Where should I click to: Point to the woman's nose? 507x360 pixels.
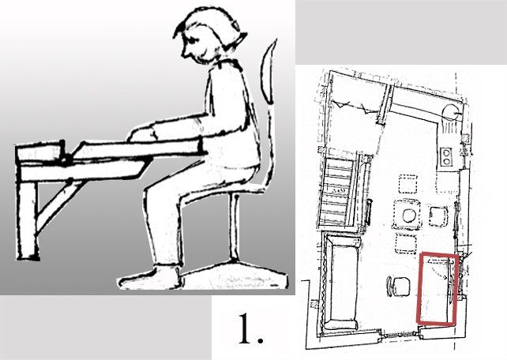tap(184, 51)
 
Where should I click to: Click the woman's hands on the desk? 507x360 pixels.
tap(142, 134)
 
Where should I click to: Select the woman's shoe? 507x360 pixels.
tap(149, 277)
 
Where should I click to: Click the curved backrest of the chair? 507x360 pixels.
tap(269, 72)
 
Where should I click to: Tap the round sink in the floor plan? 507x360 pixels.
tap(449, 114)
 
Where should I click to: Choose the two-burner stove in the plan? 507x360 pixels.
tap(446, 156)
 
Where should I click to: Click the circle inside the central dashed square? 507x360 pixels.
tap(409, 216)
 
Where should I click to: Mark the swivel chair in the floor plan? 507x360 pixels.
tap(398, 286)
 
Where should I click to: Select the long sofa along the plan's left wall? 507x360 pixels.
tap(341, 283)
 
